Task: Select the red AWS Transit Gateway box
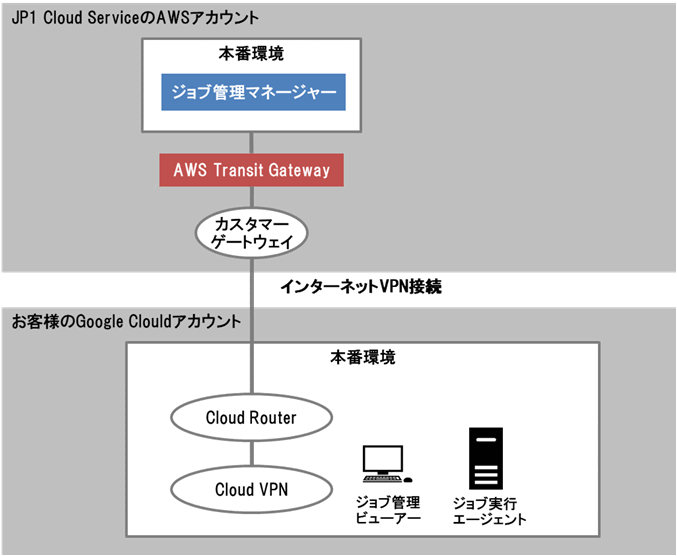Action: [x=251, y=170]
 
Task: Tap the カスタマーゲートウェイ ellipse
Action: [x=251, y=231]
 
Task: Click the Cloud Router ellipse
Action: [x=251, y=417]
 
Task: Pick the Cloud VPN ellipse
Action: [x=251, y=490]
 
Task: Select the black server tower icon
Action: [x=486, y=458]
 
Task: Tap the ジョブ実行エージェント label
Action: [x=489, y=510]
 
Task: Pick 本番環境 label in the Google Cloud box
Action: [x=362, y=356]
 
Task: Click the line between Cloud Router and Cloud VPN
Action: [x=251, y=453]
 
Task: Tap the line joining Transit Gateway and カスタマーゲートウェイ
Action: [x=251, y=196]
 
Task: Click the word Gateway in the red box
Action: [x=298, y=170]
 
